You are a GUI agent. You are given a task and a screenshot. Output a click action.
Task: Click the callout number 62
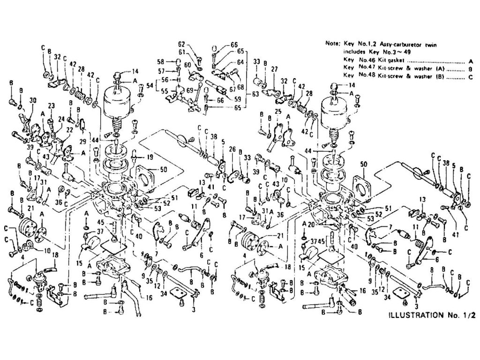[x=181, y=45]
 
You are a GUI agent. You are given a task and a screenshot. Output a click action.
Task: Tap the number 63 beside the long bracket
[x=256, y=94]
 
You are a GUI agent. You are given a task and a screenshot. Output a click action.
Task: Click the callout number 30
[x=32, y=100]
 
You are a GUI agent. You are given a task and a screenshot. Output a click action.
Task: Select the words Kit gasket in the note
[x=389, y=61]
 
